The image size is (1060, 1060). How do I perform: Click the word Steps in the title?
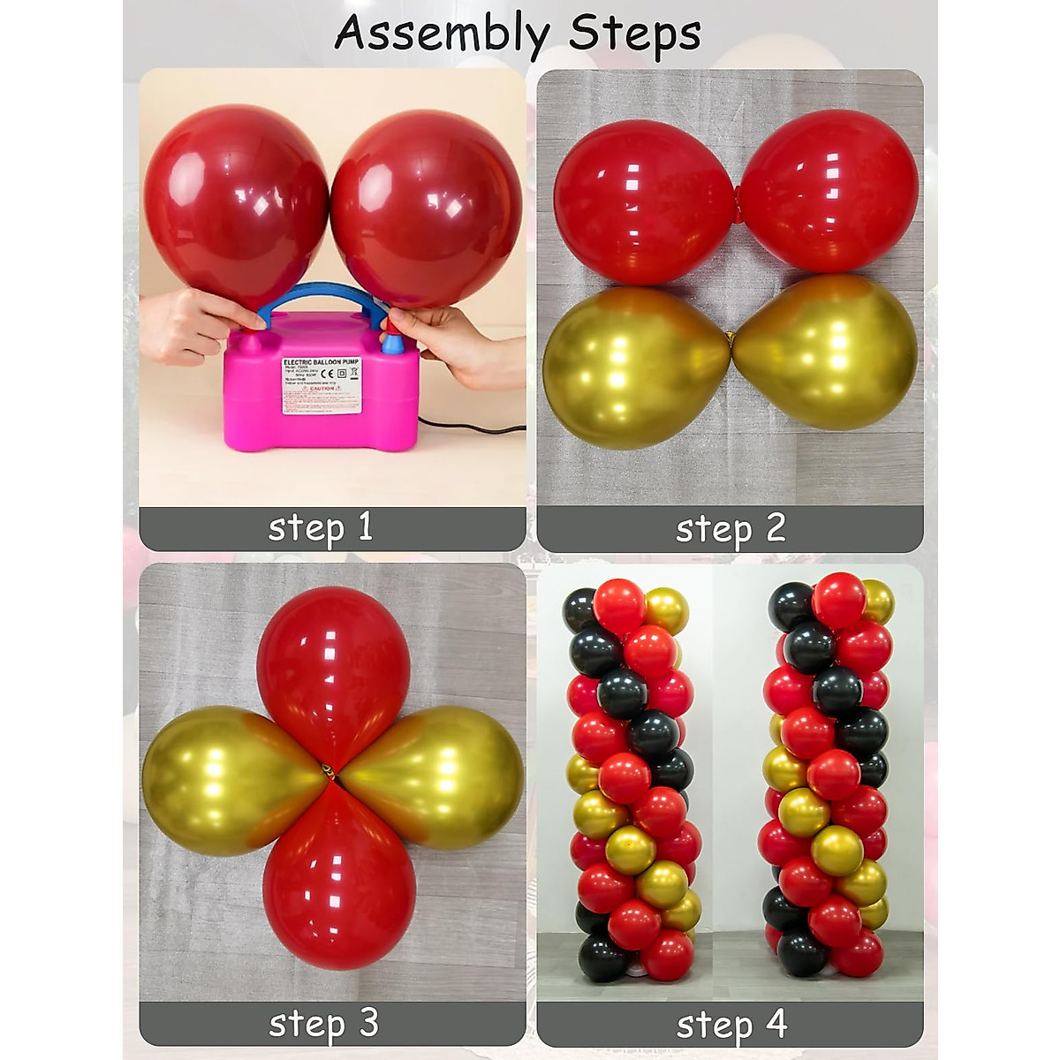tap(634, 34)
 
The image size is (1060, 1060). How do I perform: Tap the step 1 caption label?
tap(320, 527)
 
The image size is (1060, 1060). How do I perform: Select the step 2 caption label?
tap(730, 528)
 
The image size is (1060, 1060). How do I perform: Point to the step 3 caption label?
tap(322, 1023)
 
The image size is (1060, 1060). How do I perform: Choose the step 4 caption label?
tap(731, 1025)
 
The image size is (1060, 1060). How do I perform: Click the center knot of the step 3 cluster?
tap(329, 771)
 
